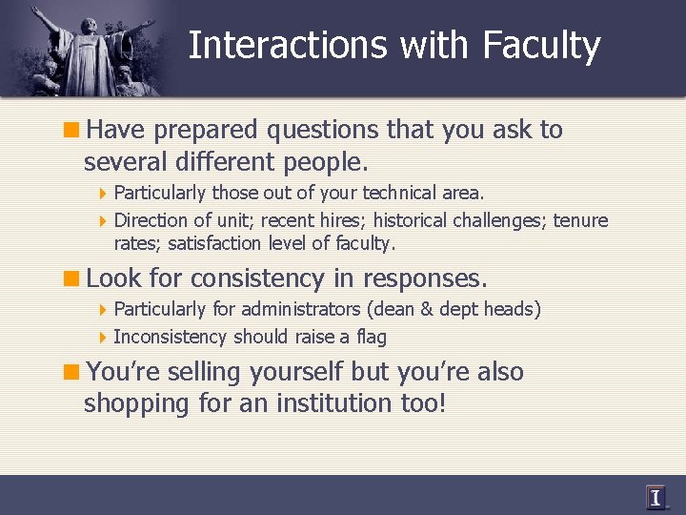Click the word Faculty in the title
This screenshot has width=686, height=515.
[541, 46]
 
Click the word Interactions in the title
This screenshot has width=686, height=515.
[261, 45]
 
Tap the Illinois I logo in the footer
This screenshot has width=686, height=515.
[656, 498]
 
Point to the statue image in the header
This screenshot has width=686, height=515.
[91, 50]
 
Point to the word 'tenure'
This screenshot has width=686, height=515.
[580, 221]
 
